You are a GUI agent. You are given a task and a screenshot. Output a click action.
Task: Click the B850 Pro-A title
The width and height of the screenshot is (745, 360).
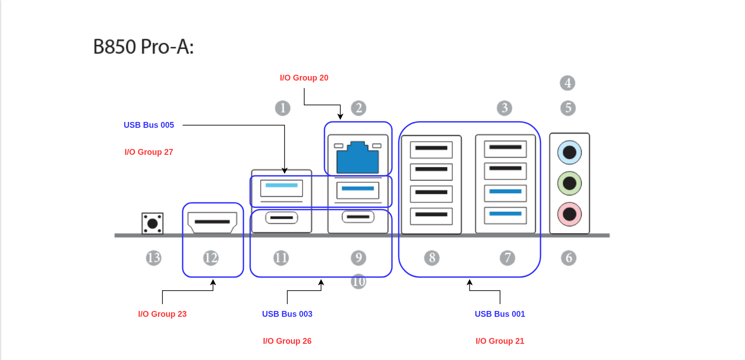click(x=143, y=47)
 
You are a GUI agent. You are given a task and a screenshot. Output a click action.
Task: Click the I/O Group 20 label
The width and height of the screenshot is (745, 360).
click(x=304, y=78)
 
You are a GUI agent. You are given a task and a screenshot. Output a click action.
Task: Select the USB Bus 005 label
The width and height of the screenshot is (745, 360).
click(x=149, y=125)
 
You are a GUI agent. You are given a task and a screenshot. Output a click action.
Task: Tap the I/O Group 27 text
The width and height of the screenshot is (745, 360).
click(x=149, y=152)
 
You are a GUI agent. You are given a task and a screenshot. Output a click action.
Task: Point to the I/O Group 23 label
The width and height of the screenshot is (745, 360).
click(x=162, y=314)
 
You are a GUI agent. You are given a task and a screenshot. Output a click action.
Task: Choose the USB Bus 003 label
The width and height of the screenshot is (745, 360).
click(x=287, y=314)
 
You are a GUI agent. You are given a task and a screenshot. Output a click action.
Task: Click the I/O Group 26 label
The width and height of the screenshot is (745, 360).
click(x=287, y=341)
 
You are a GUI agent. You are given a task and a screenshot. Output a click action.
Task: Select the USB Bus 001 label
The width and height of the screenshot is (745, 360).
click(x=500, y=314)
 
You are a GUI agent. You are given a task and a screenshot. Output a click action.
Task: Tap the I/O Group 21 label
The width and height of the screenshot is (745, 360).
click(x=500, y=341)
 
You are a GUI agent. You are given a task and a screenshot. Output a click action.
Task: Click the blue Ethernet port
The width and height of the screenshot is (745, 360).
click(x=358, y=157)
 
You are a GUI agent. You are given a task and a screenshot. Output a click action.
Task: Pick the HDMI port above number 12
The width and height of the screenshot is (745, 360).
click(x=212, y=222)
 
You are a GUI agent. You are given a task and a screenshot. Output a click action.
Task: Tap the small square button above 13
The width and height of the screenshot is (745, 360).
click(x=153, y=223)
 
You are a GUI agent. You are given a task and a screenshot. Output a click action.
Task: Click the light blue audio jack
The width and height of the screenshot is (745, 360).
click(x=569, y=153)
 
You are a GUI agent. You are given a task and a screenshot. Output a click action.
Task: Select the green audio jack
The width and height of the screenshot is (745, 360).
click(x=569, y=183)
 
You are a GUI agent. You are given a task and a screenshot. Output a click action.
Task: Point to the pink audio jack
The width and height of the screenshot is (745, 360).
click(x=569, y=214)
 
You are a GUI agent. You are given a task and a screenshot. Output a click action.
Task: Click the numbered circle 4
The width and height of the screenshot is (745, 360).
click(x=568, y=83)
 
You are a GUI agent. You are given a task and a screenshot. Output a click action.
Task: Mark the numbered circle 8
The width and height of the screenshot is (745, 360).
click(x=432, y=258)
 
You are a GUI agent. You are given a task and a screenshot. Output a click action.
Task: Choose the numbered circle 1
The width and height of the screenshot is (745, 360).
click(x=283, y=108)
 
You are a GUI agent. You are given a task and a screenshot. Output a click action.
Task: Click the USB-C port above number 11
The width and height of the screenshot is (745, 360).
click(x=281, y=218)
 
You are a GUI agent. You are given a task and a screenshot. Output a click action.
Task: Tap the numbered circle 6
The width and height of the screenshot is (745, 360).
click(x=569, y=258)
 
